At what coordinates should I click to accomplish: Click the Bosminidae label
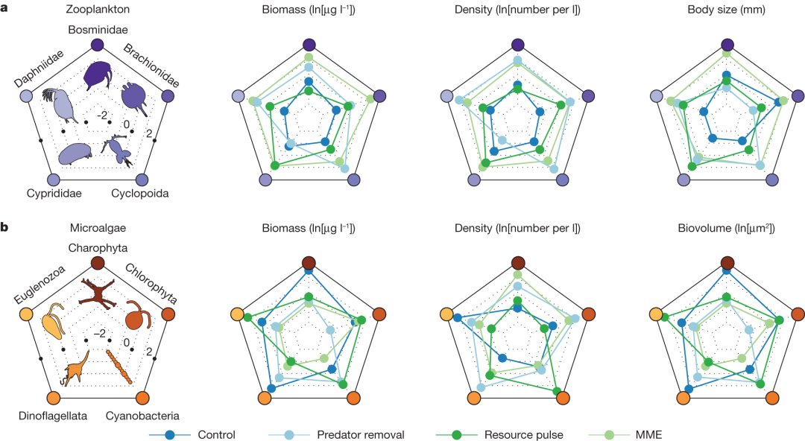coord(98,30)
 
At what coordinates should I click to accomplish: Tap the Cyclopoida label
coord(139,194)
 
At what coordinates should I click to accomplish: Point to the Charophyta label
coord(98,248)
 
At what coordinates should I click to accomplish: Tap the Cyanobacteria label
coord(142,415)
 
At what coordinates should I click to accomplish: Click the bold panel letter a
coord(5,10)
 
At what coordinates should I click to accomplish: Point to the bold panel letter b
coord(5,227)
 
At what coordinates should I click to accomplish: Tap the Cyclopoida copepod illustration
coord(120,149)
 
